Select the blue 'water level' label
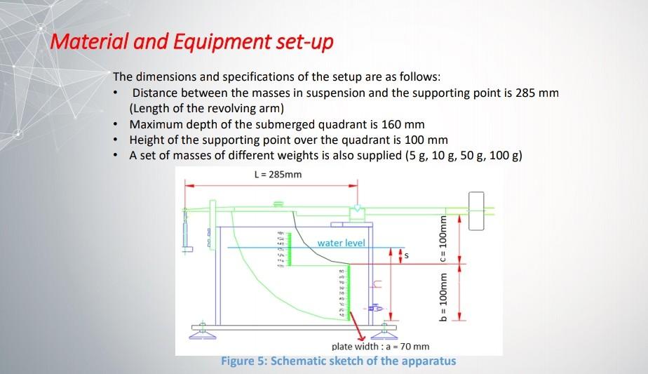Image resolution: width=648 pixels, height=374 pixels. pos(341,243)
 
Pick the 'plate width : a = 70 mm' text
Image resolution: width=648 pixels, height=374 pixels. pos(380,347)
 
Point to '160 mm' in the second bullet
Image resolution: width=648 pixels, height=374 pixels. pos(403,124)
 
